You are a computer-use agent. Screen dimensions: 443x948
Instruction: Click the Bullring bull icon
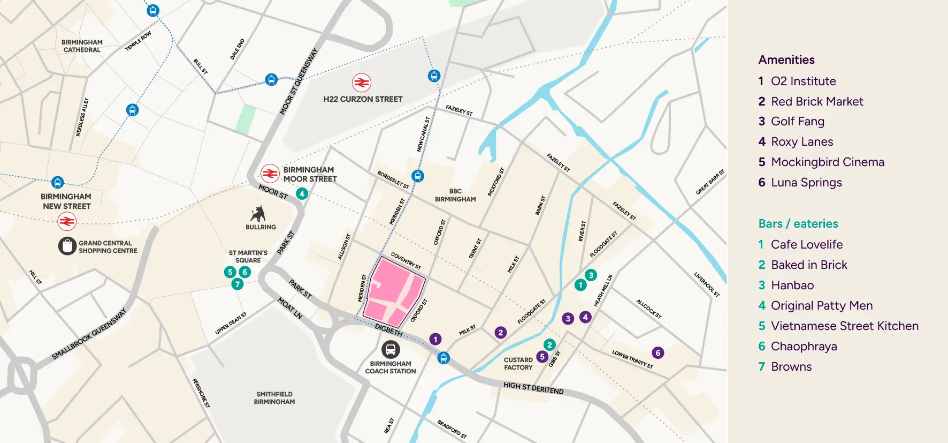[258, 214]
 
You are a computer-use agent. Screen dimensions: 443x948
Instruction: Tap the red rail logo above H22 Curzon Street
[362, 83]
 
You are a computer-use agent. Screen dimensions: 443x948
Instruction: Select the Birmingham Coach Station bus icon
[391, 350]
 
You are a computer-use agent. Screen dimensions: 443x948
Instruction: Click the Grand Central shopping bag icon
[67, 246]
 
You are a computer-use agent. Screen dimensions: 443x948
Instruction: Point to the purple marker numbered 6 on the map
[658, 352]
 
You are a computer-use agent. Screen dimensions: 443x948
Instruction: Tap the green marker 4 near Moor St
[302, 193]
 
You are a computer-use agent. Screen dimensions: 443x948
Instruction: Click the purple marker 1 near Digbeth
[435, 339]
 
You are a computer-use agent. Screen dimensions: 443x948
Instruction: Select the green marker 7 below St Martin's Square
[238, 284]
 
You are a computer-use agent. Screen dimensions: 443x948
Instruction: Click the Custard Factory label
[518, 364]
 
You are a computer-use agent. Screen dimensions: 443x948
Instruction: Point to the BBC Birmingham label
[455, 195]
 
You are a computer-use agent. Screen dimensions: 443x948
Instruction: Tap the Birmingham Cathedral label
[82, 46]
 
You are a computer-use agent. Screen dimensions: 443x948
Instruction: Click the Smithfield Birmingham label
[274, 398]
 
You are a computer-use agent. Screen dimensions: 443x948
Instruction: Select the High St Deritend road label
[533, 388]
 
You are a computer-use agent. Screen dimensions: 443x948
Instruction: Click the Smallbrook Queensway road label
[89, 334]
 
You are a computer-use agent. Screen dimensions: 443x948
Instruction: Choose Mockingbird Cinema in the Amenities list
[827, 162]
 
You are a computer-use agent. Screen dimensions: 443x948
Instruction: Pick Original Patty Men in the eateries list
[821, 306]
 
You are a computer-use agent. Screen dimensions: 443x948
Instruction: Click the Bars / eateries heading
[798, 224]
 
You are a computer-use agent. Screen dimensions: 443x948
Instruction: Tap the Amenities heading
[786, 60]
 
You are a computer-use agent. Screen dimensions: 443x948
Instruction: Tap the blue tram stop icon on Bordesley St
[418, 176]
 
